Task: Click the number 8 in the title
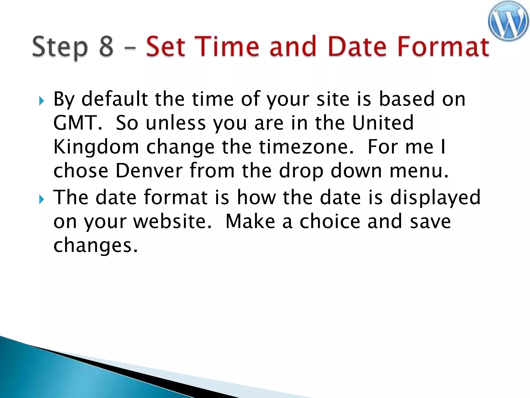coord(106,47)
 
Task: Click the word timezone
coord(306,147)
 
